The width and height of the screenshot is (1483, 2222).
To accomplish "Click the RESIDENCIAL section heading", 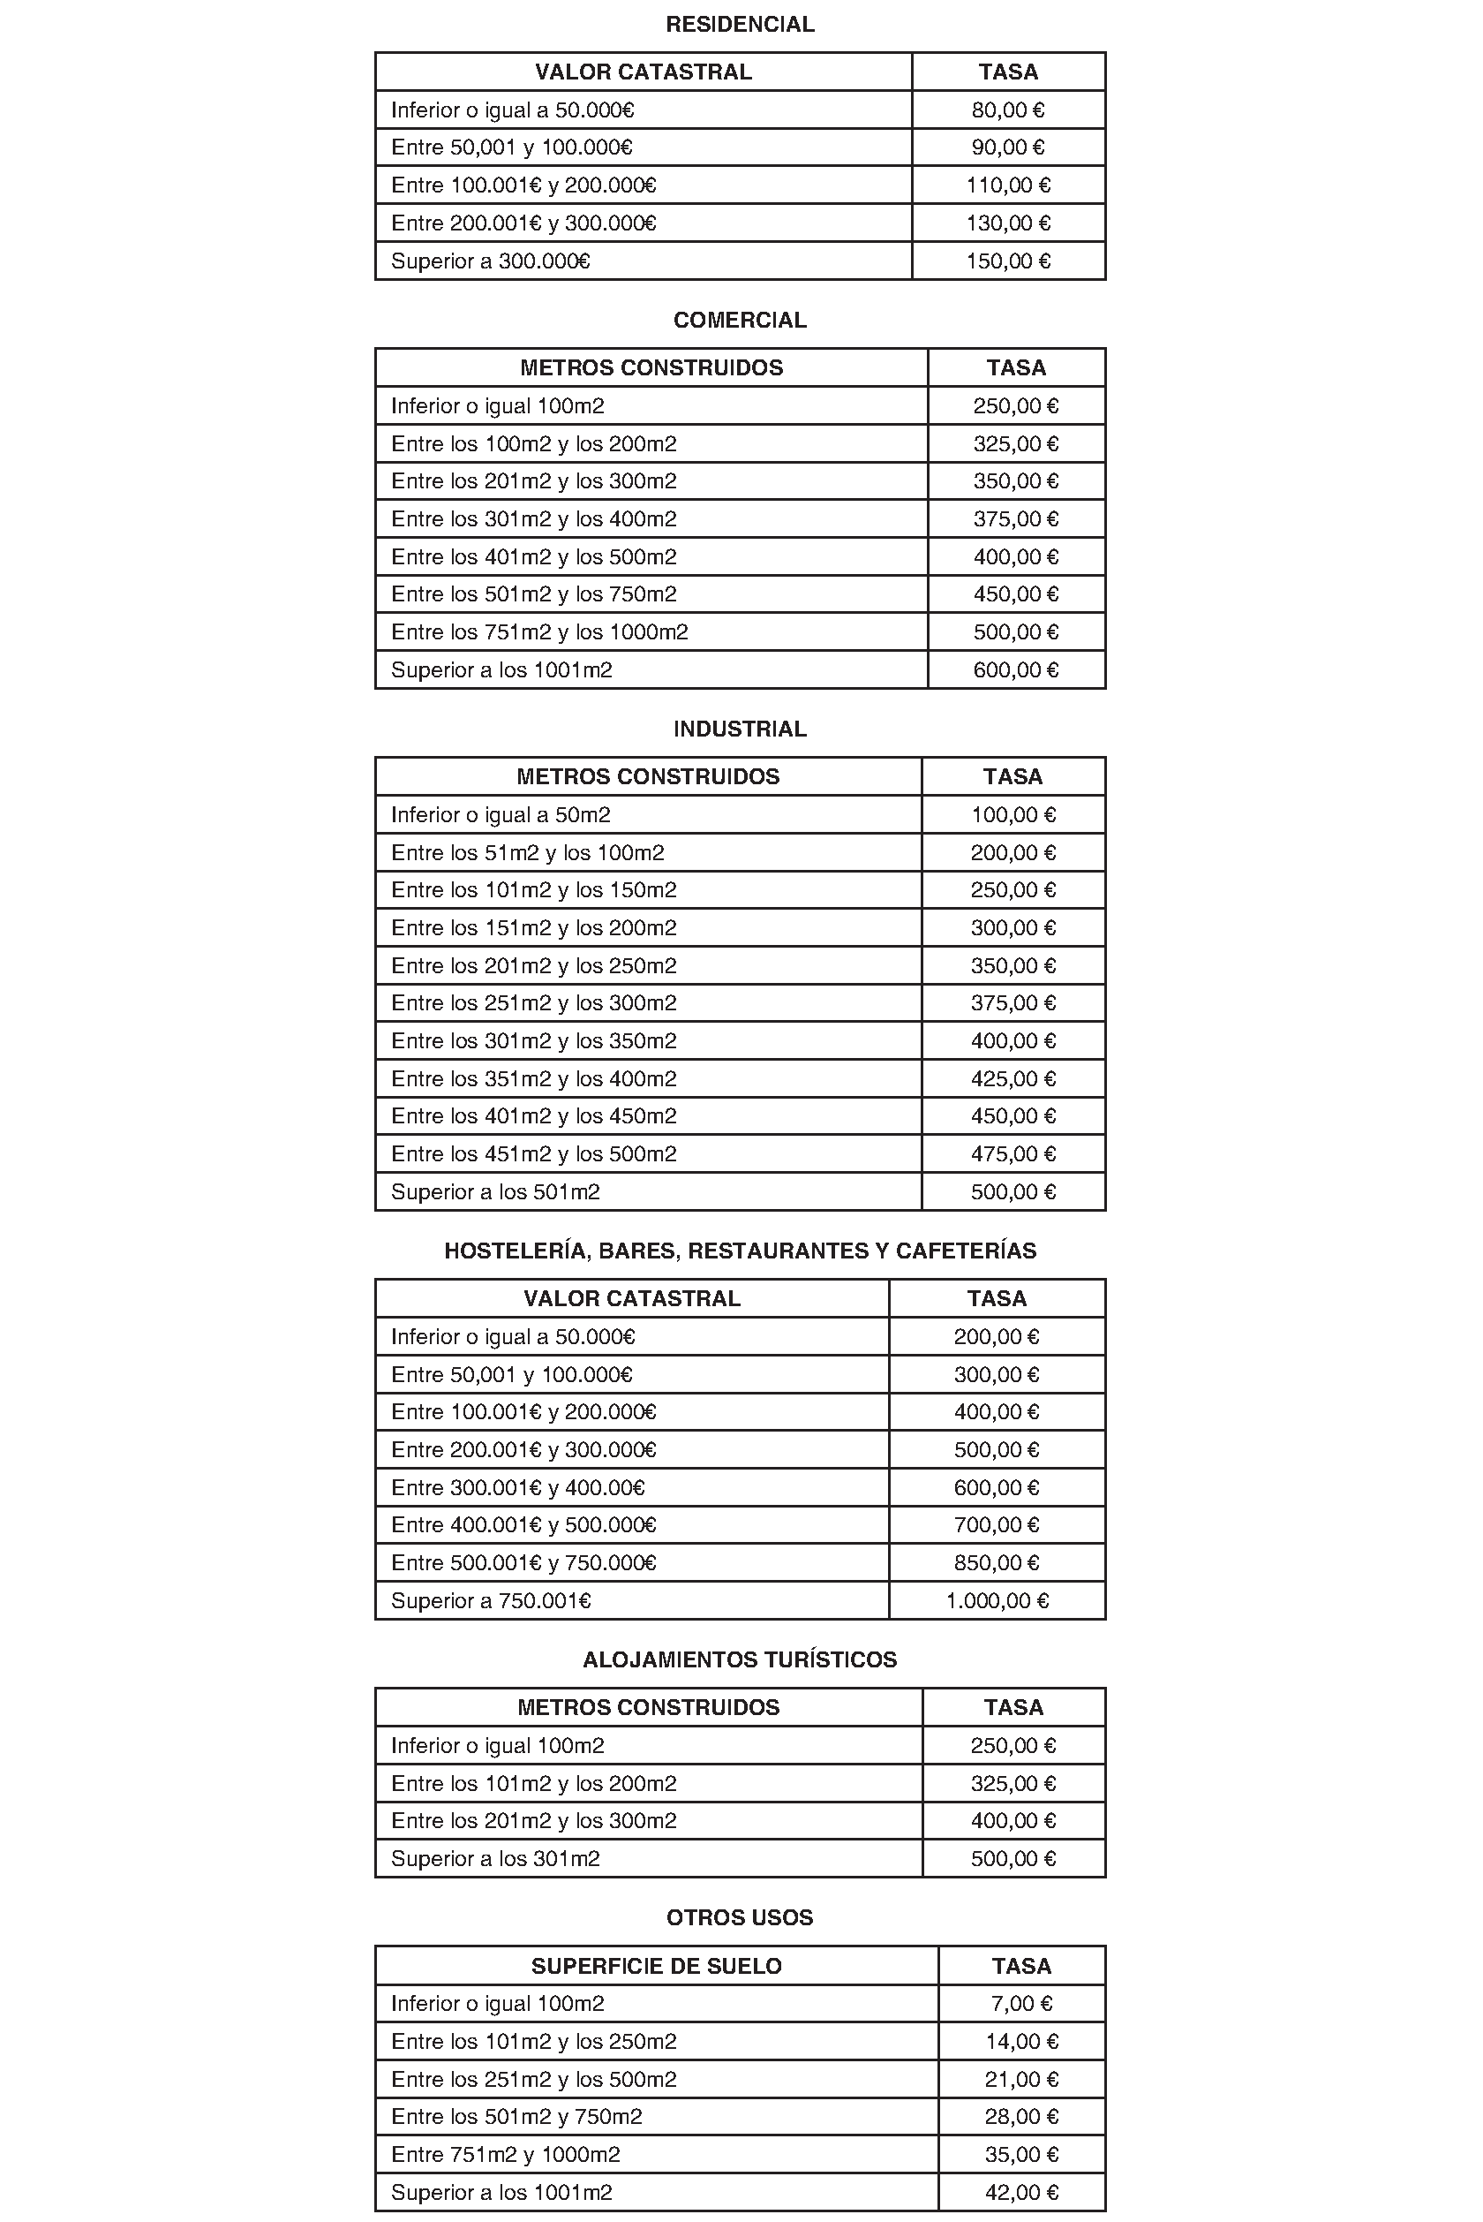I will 740,25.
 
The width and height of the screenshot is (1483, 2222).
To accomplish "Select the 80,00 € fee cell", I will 1007,110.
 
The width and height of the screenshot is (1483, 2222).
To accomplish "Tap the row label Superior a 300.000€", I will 490,261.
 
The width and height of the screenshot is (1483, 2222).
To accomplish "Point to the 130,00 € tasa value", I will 1007,223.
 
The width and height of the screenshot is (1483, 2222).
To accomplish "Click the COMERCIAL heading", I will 740,321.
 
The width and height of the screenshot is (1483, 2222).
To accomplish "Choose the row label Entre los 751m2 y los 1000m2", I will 539,631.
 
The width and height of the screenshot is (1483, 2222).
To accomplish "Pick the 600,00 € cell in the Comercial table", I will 1015,669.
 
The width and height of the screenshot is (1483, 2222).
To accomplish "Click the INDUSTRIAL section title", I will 740,729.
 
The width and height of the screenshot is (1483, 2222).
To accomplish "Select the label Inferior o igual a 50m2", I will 501,814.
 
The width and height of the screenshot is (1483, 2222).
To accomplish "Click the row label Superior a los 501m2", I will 494,1192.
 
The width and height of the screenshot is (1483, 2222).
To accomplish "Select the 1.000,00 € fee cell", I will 997,1600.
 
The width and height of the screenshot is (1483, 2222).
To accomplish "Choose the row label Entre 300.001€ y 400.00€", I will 517,1488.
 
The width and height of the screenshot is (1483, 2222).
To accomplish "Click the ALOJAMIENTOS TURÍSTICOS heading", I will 740,1660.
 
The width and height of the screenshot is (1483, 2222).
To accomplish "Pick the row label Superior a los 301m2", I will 494,1859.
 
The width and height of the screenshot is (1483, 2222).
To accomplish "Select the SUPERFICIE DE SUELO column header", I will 657,1967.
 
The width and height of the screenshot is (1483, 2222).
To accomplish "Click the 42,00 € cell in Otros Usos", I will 1020,2193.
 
